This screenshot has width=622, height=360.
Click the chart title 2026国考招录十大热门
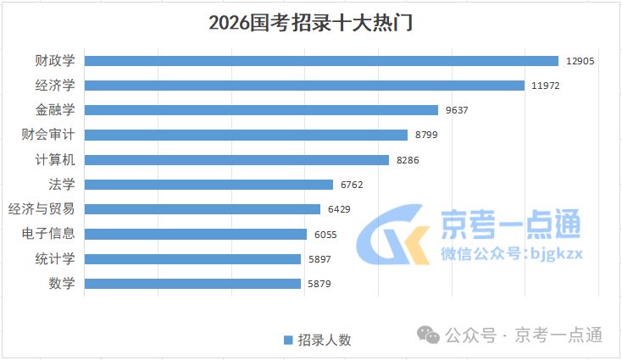click(x=310, y=22)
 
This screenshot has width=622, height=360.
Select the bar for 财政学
click(x=321, y=60)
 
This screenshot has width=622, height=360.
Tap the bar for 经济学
click(x=304, y=85)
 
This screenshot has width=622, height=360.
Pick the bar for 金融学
click(x=261, y=109)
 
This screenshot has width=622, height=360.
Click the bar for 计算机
click(x=236, y=159)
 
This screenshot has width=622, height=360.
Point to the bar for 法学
click(x=208, y=184)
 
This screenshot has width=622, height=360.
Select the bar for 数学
click(x=192, y=283)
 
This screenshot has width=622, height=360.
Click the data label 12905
click(x=580, y=61)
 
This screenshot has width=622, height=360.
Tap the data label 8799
click(x=427, y=135)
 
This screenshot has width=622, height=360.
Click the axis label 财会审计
click(x=48, y=135)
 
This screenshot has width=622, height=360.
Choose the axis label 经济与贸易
click(x=41, y=209)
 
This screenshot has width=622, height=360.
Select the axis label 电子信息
click(x=48, y=234)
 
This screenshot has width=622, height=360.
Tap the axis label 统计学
click(x=54, y=258)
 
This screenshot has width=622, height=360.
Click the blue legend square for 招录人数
click(x=288, y=340)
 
